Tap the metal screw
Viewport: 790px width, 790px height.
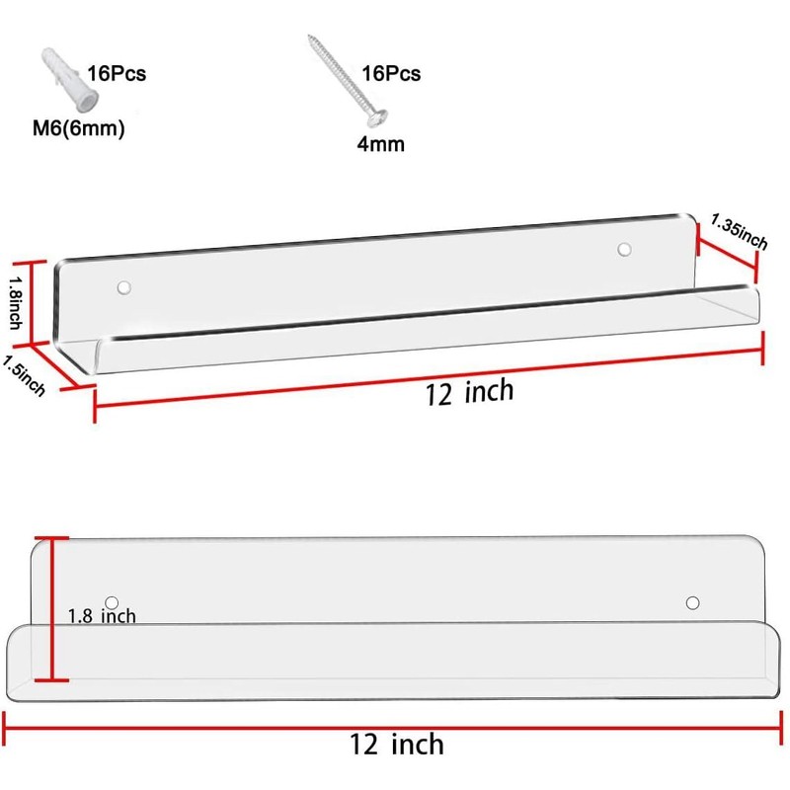coord(348,81)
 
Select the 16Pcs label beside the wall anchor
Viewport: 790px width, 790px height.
coord(117,73)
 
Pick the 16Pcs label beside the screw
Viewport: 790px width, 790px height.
coord(391,73)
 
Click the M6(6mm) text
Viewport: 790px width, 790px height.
coord(79,128)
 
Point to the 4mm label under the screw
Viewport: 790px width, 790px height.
coord(381,144)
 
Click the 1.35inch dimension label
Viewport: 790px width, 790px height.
coord(739,232)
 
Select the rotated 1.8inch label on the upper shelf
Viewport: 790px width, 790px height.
coord(15,303)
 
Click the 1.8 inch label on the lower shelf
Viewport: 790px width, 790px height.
coord(102,616)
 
